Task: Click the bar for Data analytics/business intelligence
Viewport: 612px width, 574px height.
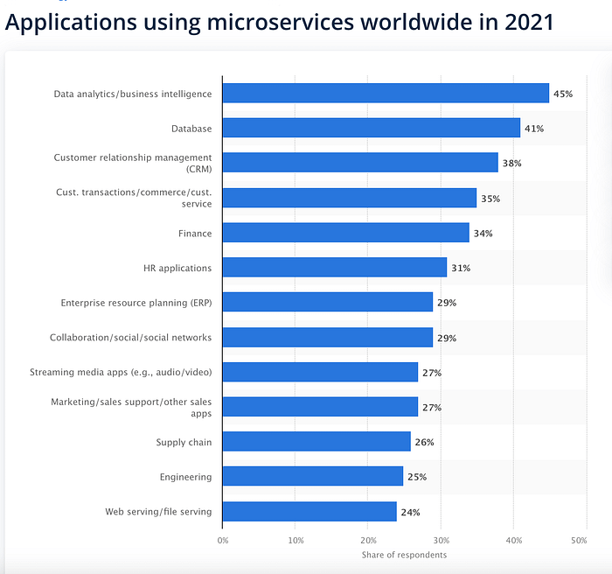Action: (x=386, y=93)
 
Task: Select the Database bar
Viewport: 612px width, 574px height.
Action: (x=372, y=128)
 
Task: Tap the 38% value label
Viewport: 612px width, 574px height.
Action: (x=511, y=164)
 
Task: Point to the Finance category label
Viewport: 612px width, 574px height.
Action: (x=194, y=234)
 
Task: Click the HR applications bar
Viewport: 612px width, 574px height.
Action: (x=335, y=268)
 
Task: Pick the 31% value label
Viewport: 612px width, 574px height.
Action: (x=460, y=269)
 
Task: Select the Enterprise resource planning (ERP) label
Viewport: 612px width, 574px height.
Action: (x=136, y=303)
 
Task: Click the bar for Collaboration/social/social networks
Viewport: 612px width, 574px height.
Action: (x=328, y=338)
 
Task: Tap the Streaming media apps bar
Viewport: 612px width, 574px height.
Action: (x=320, y=373)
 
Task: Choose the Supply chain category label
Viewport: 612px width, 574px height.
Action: (x=184, y=443)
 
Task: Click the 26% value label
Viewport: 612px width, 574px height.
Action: (x=424, y=443)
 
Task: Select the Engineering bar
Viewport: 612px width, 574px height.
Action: (x=313, y=477)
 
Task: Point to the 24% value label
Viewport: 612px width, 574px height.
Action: (x=409, y=513)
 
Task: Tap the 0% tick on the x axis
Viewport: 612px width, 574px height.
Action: (x=223, y=542)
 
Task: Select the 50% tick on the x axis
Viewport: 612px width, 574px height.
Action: (x=579, y=542)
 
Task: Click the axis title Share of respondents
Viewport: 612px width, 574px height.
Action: (x=404, y=555)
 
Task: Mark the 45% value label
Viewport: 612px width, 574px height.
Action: (x=563, y=94)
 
